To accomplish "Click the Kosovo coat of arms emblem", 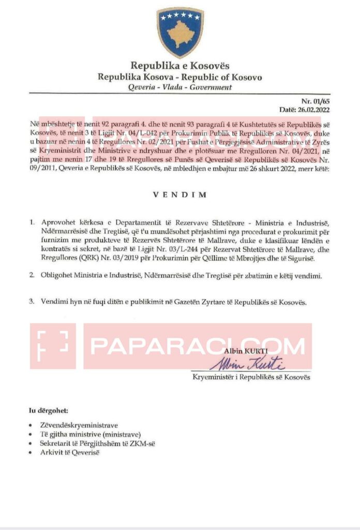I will tap(179, 32).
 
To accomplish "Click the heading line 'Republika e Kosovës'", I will tap(179, 66).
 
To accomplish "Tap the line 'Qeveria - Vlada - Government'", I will tap(179, 87).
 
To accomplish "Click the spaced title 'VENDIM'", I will tap(179, 195).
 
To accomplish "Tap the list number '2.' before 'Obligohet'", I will tap(33, 276).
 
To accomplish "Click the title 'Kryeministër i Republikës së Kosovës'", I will tap(251, 378).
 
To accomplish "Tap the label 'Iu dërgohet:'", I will tap(48, 411).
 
